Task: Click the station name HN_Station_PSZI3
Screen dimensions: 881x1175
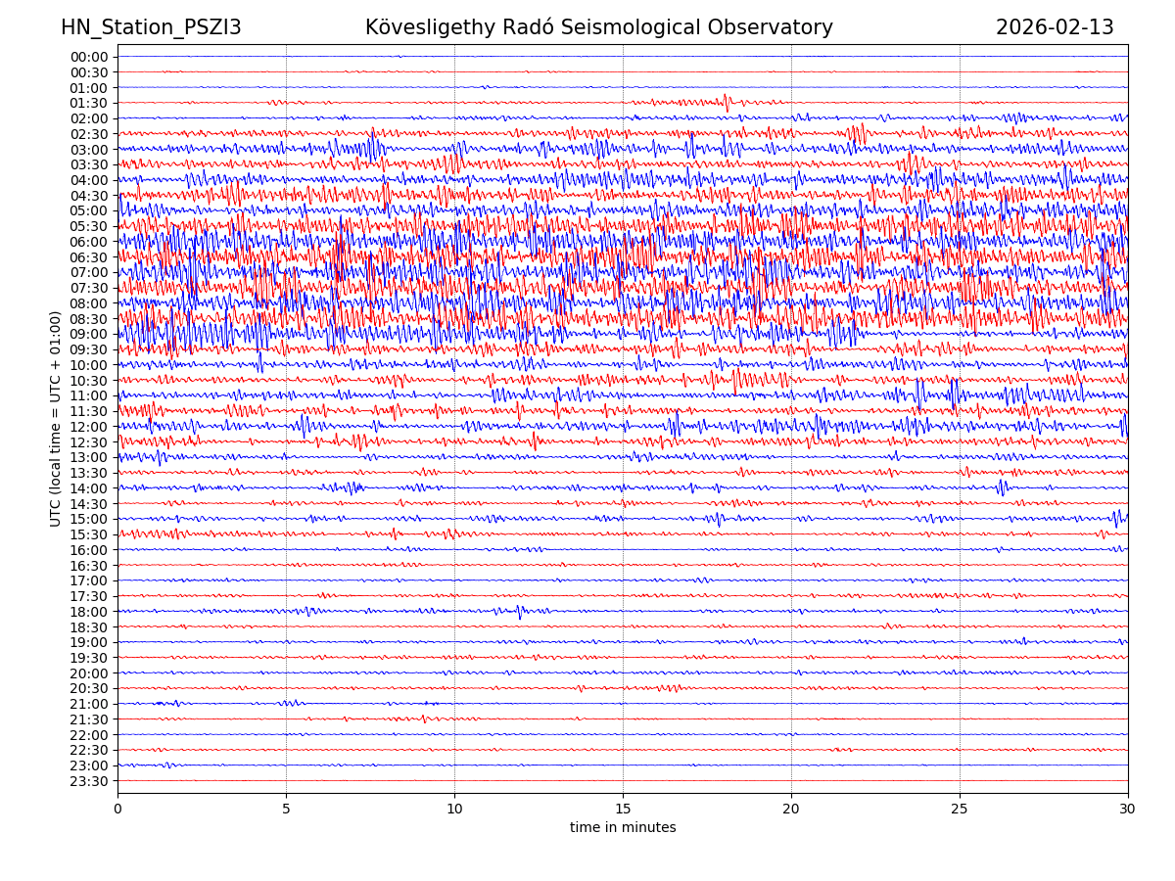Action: [151, 27]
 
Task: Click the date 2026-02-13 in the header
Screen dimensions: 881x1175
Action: [1055, 27]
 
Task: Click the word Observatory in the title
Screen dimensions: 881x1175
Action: [782, 27]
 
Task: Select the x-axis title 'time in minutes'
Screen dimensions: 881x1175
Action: [623, 828]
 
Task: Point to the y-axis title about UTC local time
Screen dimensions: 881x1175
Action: [56, 418]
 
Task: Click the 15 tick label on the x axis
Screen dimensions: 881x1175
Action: [623, 809]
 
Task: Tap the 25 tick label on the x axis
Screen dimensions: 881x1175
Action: [960, 809]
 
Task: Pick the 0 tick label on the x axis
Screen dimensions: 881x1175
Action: [117, 809]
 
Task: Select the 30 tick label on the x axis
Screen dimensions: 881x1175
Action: [1128, 809]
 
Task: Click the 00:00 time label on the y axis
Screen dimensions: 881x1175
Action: [88, 57]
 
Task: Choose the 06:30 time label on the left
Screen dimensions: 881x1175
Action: [88, 257]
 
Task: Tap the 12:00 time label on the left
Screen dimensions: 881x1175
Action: [88, 427]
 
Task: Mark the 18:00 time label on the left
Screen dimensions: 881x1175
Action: [88, 612]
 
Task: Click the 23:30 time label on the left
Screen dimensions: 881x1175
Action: [88, 781]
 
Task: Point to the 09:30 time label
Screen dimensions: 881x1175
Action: [88, 349]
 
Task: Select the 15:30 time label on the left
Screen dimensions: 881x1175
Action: [88, 534]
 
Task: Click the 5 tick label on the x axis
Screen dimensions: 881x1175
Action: [286, 809]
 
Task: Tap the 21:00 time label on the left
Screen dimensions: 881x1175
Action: [88, 704]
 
